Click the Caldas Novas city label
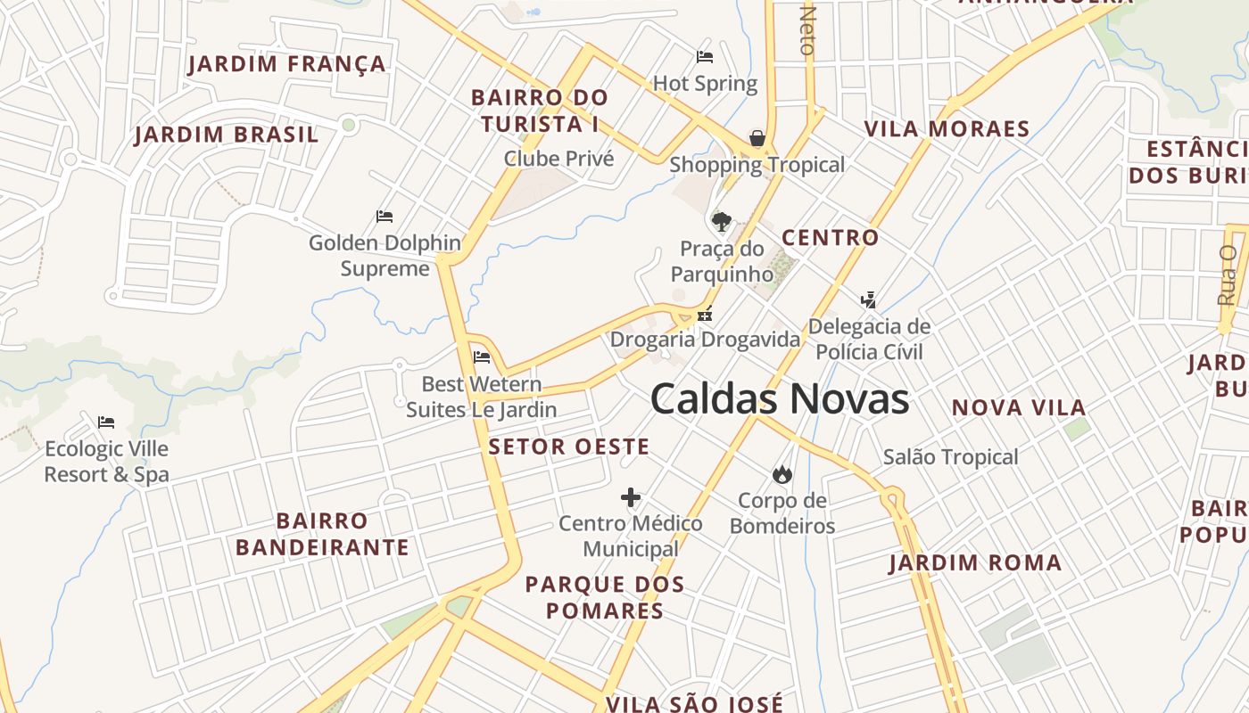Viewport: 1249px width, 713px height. (780, 398)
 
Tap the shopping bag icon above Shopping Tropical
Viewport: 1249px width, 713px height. (757, 138)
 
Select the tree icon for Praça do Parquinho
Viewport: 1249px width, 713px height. (721, 221)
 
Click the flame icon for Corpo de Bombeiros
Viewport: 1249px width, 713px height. (782, 474)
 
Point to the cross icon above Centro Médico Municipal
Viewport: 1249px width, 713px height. (631, 497)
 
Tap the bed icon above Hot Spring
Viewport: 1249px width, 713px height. (705, 57)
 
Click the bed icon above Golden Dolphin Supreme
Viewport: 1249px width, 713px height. (385, 217)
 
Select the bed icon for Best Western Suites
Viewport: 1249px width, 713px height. (482, 357)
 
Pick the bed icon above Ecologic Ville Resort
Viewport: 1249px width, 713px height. (106, 422)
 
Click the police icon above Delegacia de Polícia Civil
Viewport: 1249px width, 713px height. (869, 299)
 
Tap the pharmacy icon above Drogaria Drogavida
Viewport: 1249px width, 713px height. (705, 314)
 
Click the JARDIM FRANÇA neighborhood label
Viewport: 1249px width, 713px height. (287, 64)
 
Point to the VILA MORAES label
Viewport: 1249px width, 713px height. (947, 128)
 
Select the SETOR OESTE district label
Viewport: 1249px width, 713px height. (568, 447)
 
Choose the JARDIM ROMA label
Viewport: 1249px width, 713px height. (975, 563)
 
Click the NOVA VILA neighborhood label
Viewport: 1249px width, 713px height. (1019, 408)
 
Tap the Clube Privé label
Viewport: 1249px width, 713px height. (558, 159)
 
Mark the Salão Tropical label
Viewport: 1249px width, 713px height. (950, 457)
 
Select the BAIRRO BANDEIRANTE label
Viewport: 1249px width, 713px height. (322, 534)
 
